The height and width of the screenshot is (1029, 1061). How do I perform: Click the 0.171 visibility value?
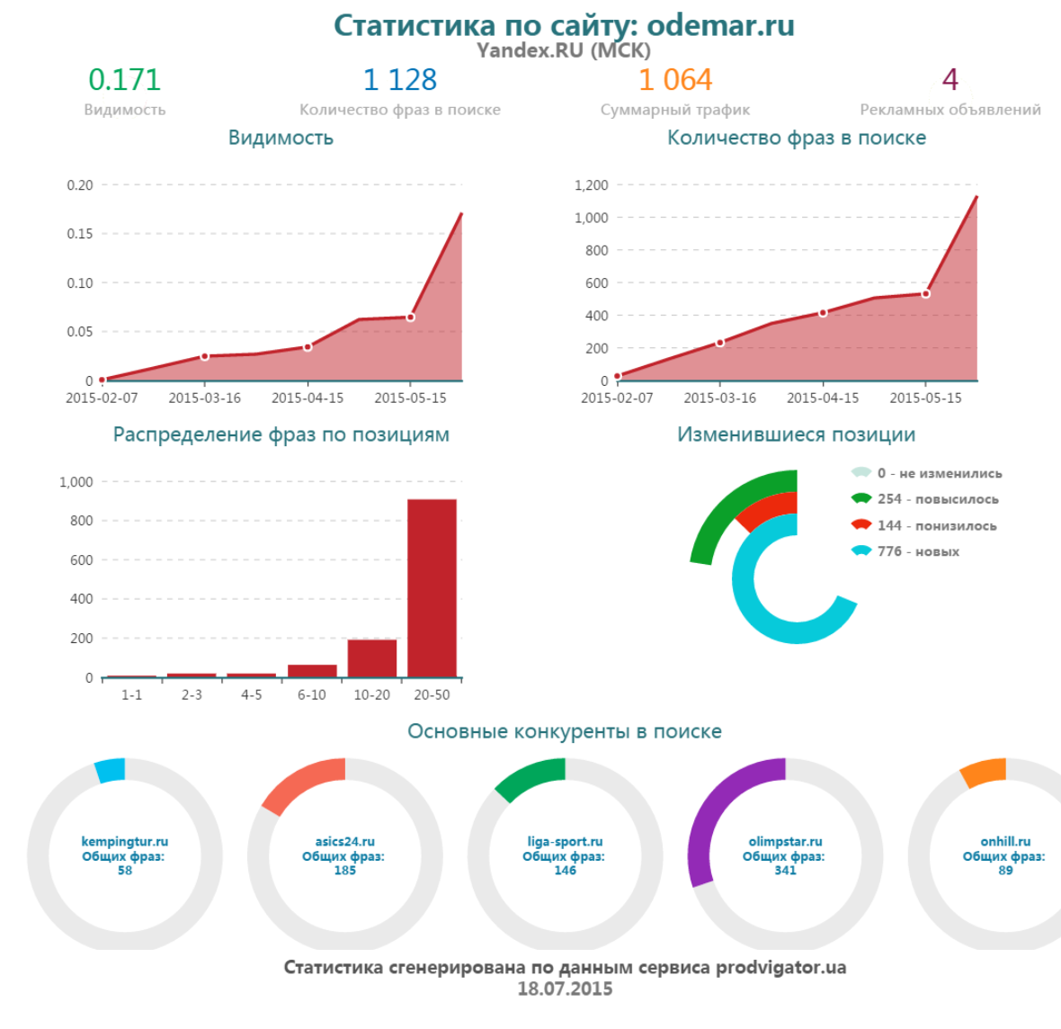pos(124,80)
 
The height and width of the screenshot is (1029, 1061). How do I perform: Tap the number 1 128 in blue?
pos(399,80)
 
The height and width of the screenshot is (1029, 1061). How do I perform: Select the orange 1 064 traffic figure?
pos(674,80)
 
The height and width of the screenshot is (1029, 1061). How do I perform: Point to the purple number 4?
pos(950,80)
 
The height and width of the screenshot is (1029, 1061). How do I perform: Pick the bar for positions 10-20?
pos(371,658)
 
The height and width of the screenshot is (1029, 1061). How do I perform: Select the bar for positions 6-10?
pos(312,670)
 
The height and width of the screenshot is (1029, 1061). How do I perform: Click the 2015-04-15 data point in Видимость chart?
pos(308,346)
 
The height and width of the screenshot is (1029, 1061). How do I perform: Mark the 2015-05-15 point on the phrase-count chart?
pos(925,294)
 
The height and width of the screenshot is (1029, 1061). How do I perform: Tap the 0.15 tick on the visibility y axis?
pos(80,234)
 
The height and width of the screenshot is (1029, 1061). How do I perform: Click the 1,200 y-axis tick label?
pos(592,185)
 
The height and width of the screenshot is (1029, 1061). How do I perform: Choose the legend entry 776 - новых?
pos(917,551)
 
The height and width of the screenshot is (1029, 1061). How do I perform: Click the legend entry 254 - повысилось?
pos(937,499)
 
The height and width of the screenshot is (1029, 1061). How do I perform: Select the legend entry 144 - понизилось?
pos(936,525)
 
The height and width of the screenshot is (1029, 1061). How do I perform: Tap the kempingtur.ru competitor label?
pos(124,842)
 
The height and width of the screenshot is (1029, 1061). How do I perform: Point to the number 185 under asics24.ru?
pos(344,871)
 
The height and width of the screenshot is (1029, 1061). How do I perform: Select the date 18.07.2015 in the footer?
pos(565,989)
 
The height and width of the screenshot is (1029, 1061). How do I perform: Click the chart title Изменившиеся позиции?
pos(796,434)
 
